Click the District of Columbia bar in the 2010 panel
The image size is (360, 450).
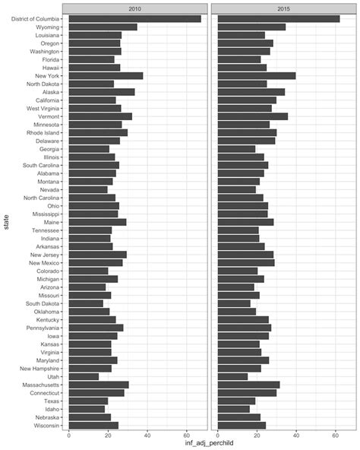coord(135,18)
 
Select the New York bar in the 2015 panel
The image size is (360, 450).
coord(257,75)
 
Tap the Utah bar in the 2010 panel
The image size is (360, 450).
coord(84,376)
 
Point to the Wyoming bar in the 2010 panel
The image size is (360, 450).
coord(103,27)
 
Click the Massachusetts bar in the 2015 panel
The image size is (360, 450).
coord(249,385)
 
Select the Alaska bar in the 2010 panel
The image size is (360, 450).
coord(102,92)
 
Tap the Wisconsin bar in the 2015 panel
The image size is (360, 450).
coord(237,425)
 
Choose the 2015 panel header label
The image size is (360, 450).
coord(283,7)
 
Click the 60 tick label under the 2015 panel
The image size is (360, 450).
coord(336,436)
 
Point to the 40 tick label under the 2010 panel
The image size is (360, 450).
coord(147,436)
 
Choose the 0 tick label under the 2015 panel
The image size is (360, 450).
coord(218,436)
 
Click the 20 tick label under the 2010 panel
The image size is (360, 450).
coord(108,436)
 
